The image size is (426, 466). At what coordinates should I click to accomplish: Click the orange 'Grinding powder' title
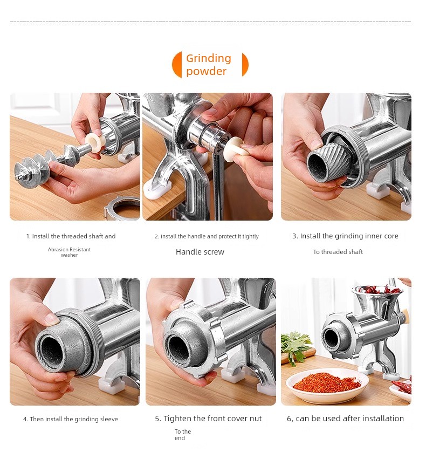click(x=209, y=65)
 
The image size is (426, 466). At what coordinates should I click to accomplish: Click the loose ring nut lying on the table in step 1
click(x=122, y=208)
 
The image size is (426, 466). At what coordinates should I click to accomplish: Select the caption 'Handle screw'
click(x=200, y=252)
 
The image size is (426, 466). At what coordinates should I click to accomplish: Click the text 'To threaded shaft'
click(x=338, y=252)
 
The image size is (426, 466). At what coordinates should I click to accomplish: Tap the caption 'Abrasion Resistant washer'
click(x=69, y=252)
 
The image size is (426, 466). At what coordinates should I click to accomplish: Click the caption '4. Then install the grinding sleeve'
click(x=71, y=419)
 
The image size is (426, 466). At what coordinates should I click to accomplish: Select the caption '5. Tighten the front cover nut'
click(x=208, y=419)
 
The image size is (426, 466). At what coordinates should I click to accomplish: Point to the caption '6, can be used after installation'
click(x=345, y=419)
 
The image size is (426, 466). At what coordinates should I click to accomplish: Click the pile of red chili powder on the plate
click(x=326, y=382)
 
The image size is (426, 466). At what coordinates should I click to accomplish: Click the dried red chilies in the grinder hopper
click(x=377, y=289)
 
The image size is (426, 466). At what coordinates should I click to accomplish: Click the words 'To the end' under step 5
click(x=182, y=435)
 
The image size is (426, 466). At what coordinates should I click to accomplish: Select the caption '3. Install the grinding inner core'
click(x=345, y=236)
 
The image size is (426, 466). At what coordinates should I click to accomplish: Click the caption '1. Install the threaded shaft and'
click(x=71, y=236)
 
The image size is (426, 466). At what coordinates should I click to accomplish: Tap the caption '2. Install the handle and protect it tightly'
click(x=207, y=236)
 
